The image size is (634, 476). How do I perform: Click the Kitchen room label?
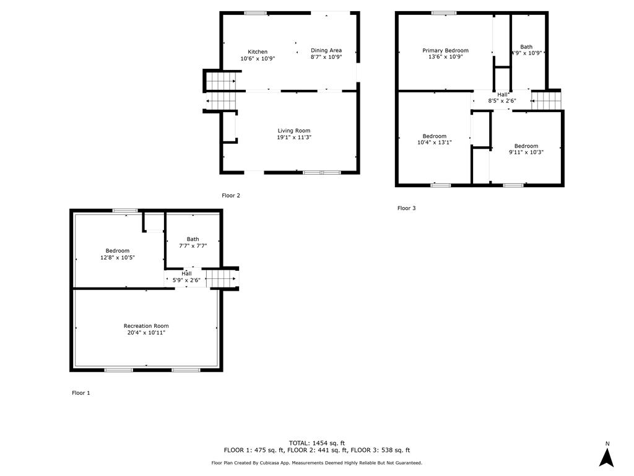point(258,52)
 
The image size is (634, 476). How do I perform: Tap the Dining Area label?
point(326,50)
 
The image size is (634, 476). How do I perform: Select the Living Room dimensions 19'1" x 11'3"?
point(294,138)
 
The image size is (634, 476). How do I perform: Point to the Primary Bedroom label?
point(446,51)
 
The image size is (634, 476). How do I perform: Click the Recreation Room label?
point(146,326)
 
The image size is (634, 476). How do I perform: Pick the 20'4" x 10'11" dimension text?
point(146,333)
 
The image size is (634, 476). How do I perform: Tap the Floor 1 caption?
point(81,392)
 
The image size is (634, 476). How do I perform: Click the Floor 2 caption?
point(231,195)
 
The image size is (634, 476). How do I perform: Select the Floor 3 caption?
point(406,208)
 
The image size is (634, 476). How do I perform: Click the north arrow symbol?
point(607,457)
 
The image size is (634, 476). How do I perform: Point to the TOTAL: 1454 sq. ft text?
point(317,443)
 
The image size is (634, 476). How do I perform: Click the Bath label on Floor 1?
point(193,239)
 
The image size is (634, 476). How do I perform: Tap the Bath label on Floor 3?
point(526,47)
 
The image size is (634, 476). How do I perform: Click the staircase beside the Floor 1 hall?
point(221,278)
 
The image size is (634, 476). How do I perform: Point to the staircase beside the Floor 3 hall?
point(546,101)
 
